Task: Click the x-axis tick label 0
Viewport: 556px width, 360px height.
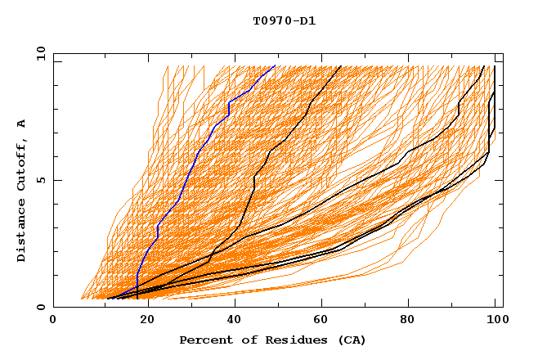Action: point(53,320)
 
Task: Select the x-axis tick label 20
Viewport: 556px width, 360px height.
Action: point(142,320)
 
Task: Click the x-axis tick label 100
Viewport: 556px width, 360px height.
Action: point(495,320)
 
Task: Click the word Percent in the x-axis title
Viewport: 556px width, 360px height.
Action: point(205,340)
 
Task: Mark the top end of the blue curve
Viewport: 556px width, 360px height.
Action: point(275,65)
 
